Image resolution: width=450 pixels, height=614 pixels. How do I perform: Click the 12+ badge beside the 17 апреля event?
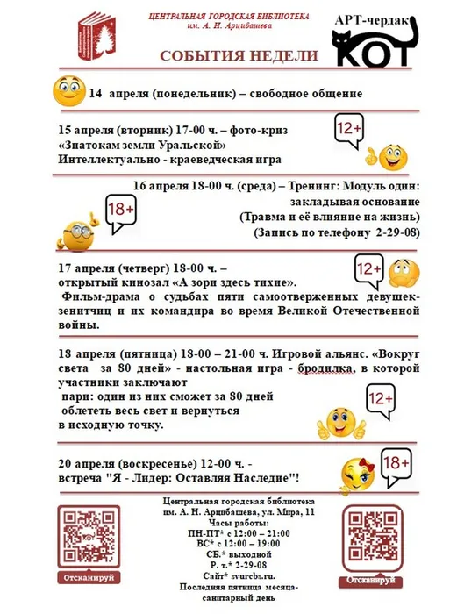pos(368,269)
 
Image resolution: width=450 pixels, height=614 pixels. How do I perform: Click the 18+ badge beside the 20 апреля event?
pos(397,461)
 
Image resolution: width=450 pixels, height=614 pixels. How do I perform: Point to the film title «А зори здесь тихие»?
pos(237,282)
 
